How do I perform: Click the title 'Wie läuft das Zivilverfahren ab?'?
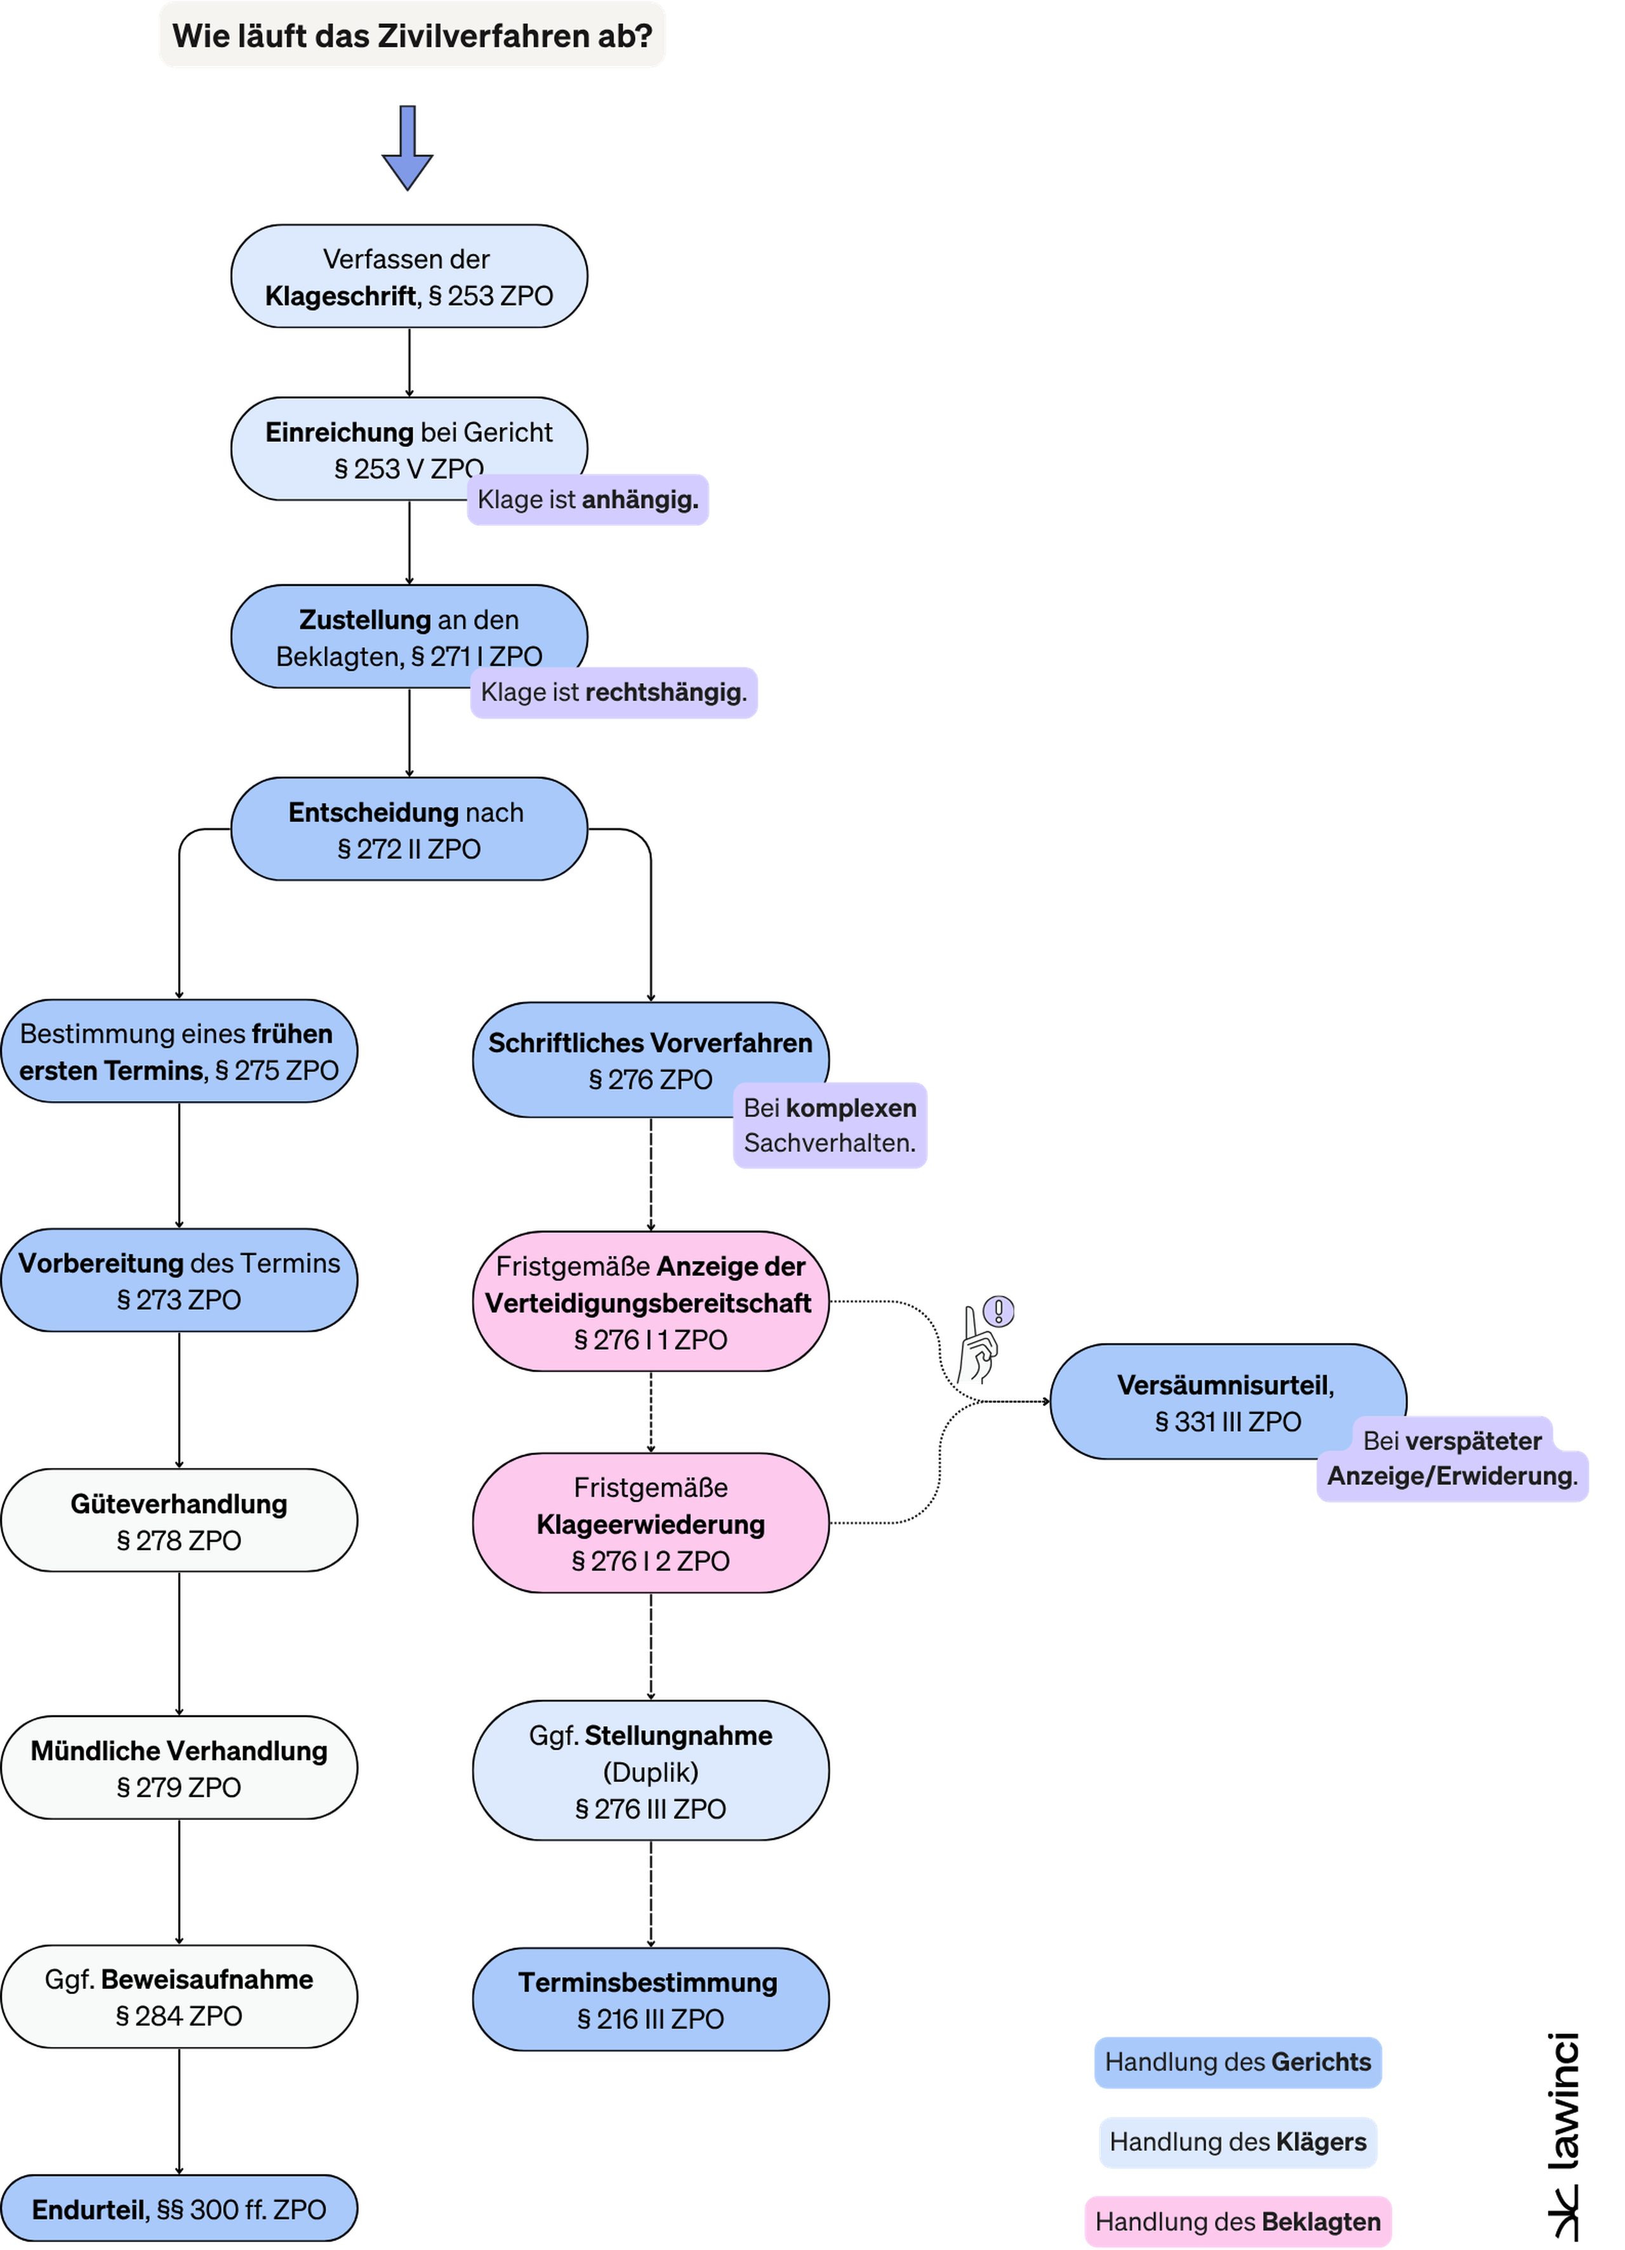point(412,36)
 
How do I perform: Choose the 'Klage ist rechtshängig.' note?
point(614,693)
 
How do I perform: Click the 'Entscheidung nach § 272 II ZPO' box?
point(409,829)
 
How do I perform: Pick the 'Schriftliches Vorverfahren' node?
point(651,1060)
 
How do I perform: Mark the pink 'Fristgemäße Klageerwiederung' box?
point(651,1524)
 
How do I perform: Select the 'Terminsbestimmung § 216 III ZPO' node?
point(651,2000)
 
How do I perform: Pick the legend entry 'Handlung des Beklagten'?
point(1238,2222)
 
